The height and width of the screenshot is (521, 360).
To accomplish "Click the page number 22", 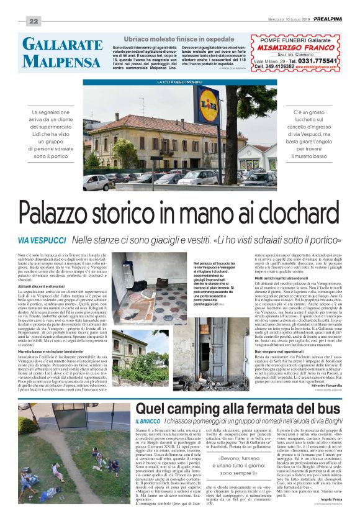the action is tap(33, 21).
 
